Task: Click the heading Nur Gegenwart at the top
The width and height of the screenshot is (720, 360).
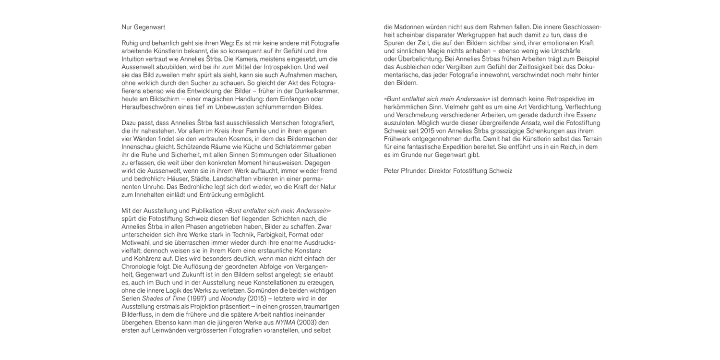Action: coord(143,27)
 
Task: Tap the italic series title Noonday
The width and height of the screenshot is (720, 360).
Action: coord(233,298)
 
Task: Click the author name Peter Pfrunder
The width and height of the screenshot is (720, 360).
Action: coord(405,170)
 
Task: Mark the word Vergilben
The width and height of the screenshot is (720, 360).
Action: coord(462,67)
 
